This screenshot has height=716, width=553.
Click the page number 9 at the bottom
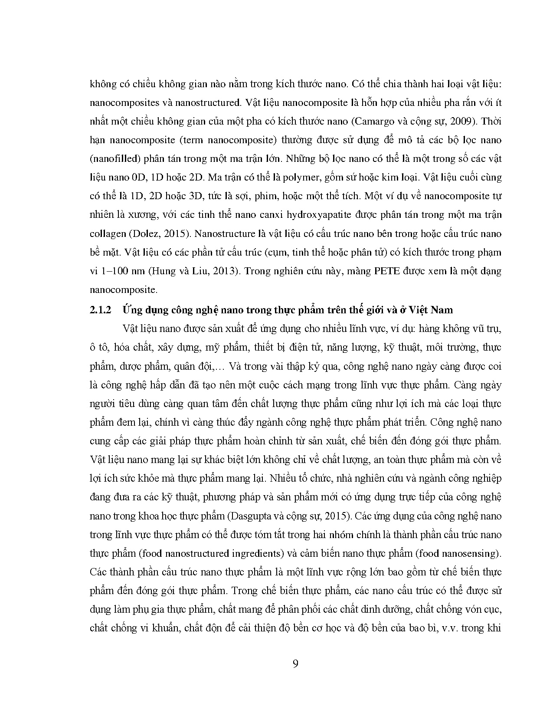coord(295,664)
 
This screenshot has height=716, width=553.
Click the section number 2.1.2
coord(101,310)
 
